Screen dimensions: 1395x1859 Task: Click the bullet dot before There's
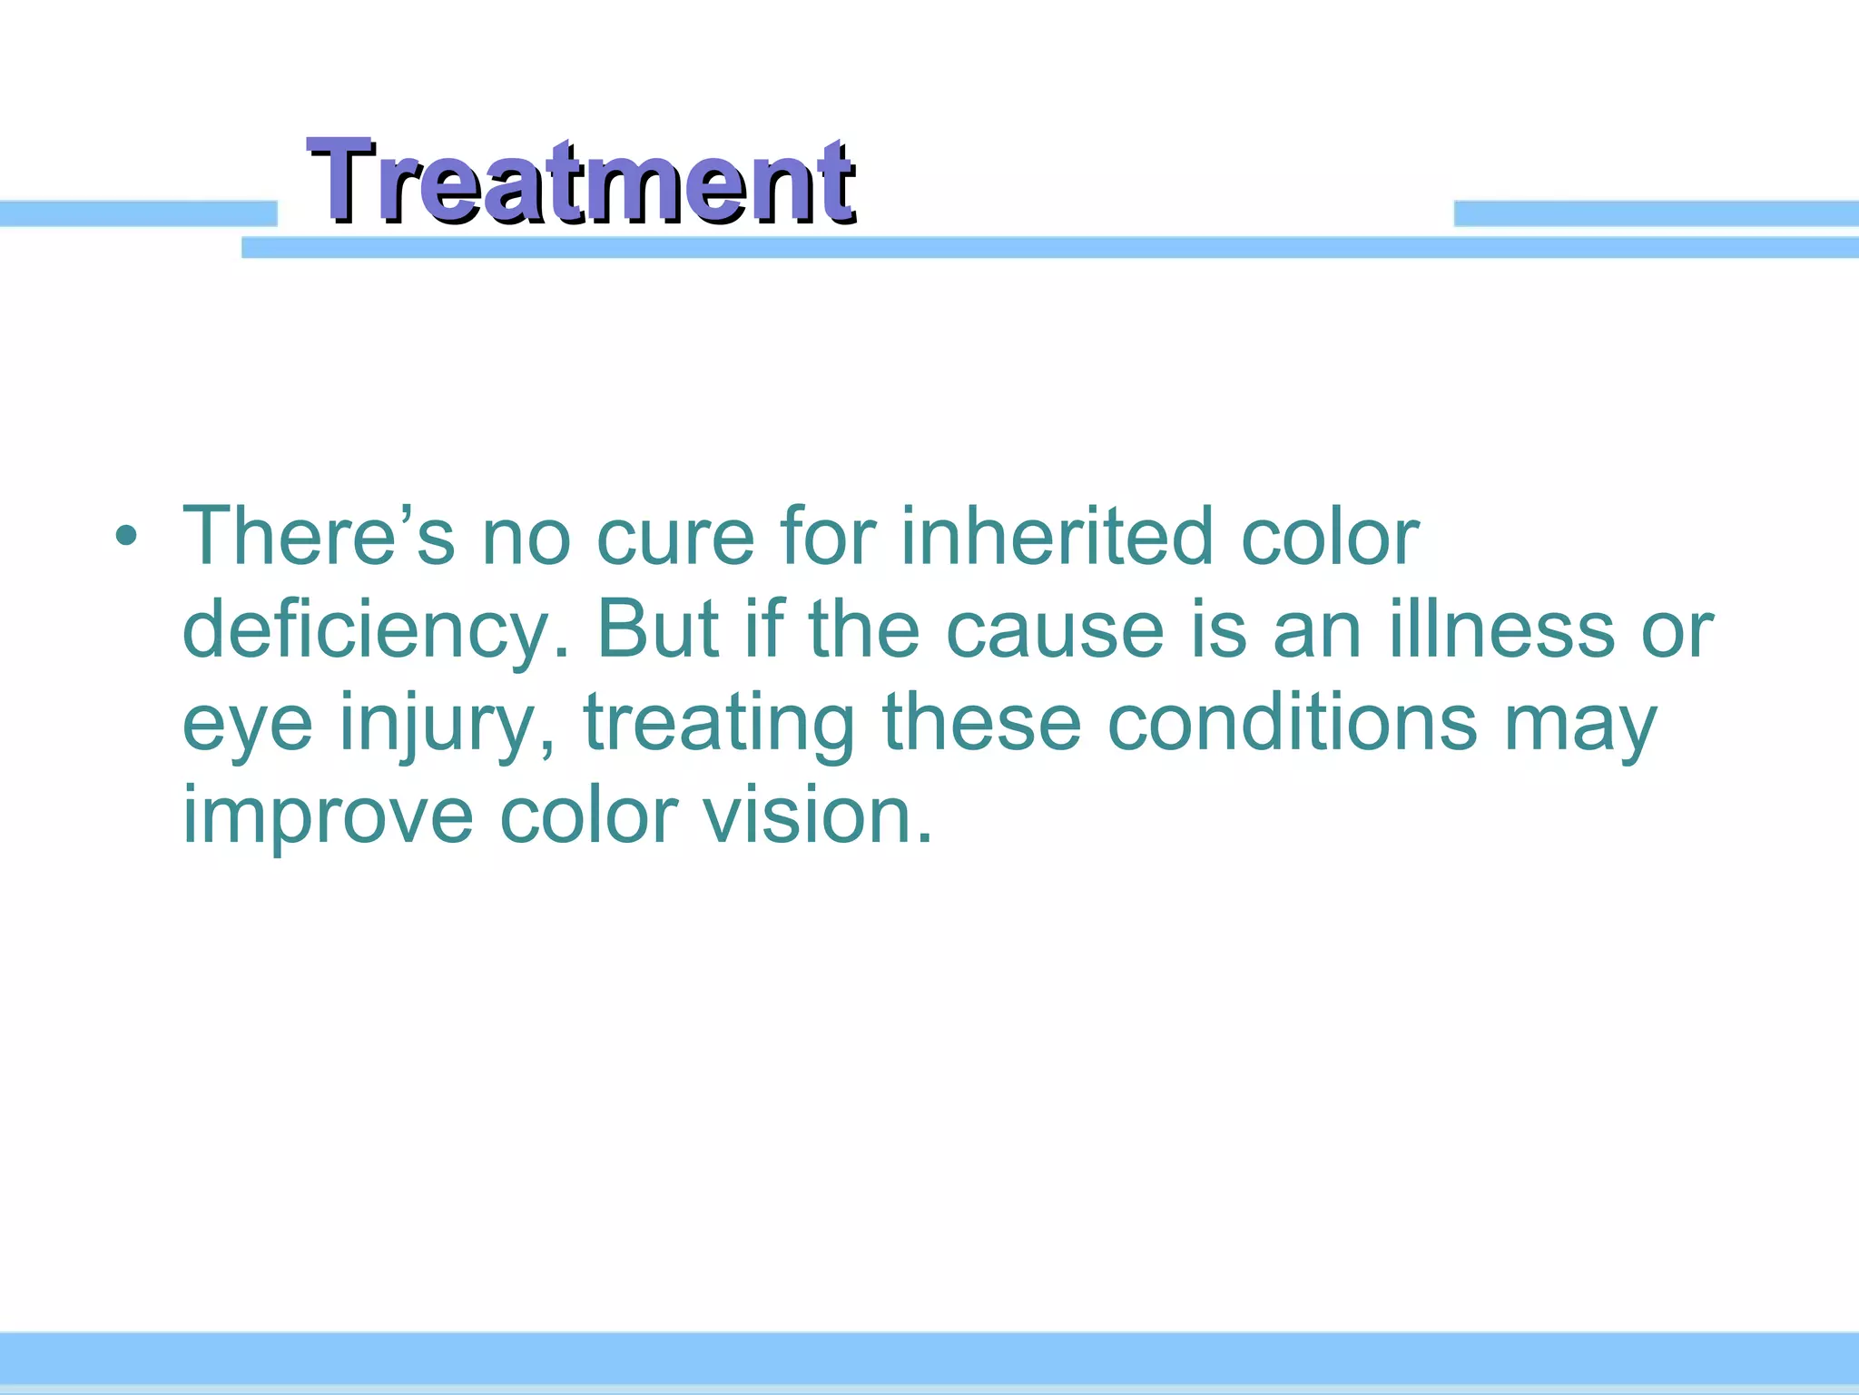126,537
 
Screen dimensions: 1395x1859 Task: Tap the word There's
318,537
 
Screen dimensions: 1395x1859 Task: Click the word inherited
1057,537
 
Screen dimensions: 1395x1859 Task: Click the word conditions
1293,723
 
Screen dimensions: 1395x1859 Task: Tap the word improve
328,816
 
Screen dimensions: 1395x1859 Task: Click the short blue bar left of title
136,213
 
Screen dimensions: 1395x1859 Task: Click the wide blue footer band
929,1358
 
